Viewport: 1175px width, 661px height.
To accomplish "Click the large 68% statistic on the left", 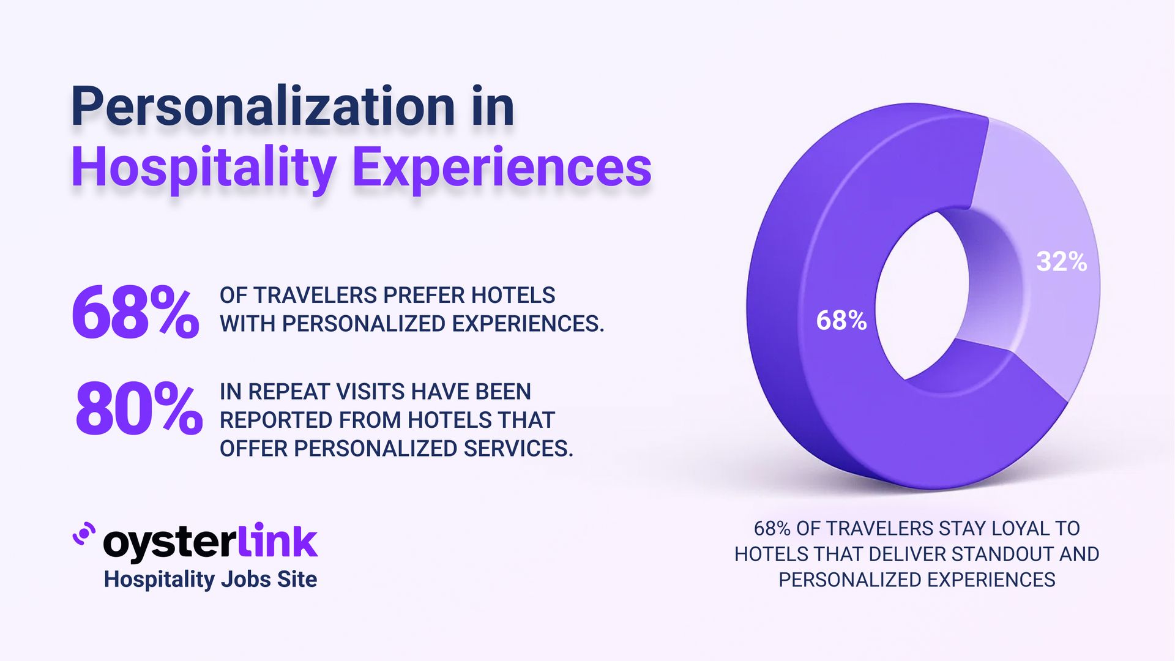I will coord(135,313).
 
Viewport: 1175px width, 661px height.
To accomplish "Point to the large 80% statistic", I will coord(139,409).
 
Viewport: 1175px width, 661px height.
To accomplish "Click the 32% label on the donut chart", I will coord(1061,262).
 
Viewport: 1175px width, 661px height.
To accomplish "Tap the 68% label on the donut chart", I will coord(841,320).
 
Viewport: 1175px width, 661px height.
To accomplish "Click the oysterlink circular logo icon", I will coord(84,534).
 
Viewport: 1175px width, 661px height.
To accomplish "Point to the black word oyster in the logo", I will coord(169,542).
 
